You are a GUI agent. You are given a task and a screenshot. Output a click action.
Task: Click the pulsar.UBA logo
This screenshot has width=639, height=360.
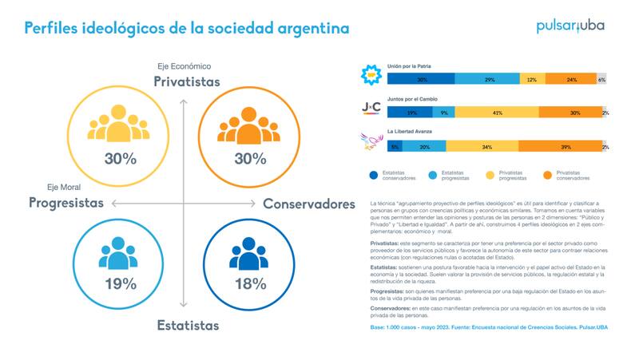[570, 26]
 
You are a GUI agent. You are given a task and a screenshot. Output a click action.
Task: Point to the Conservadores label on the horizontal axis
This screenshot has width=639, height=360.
[309, 204]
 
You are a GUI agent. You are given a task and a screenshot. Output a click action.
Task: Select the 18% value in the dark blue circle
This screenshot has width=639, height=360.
[249, 283]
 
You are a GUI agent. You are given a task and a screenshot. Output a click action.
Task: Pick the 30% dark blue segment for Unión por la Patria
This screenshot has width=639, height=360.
[421, 79]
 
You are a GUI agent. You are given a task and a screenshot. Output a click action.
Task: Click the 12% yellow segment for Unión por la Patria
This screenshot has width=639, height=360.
[532, 79]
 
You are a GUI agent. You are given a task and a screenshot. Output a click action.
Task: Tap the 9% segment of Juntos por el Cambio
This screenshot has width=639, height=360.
[443, 113]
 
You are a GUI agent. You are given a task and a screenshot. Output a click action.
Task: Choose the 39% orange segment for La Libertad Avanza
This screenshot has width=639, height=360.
[566, 147]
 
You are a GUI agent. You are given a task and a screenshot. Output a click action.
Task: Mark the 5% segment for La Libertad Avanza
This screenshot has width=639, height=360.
[395, 147]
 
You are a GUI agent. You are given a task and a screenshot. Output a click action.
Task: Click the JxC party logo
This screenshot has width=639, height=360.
[371, 108]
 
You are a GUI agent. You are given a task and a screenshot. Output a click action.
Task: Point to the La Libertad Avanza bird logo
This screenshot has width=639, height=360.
[371, 142]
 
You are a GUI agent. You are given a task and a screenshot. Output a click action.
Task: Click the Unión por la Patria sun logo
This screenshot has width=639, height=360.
[371, 75]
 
